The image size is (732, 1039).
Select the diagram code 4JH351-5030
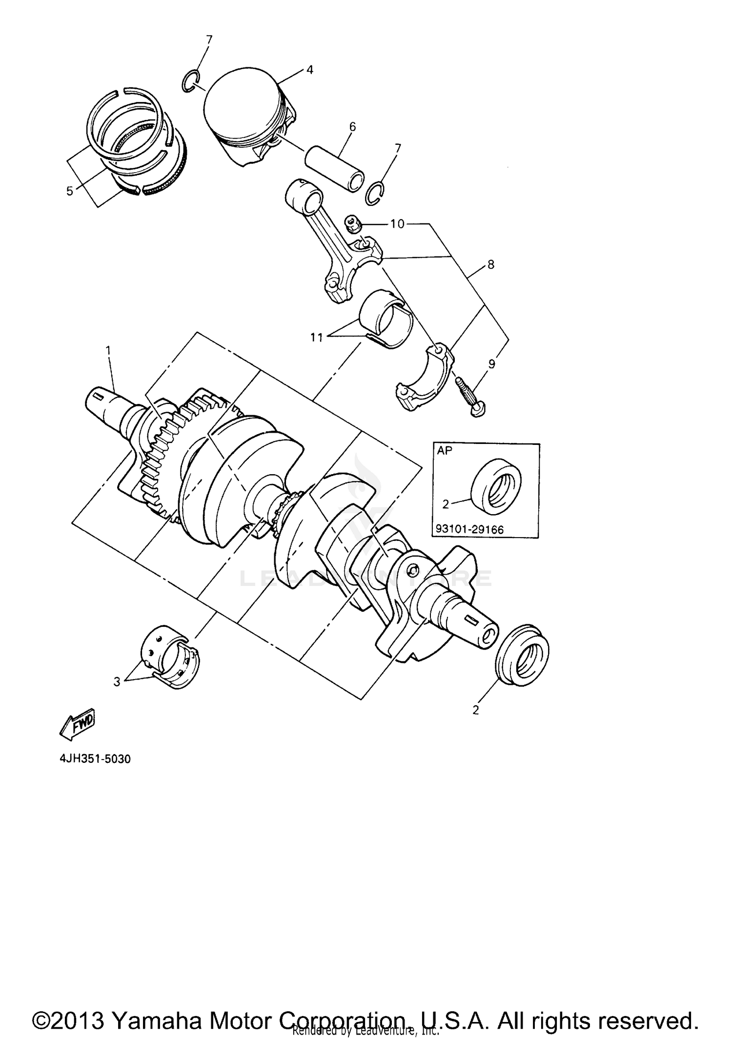pyautogui.click(x=95, y=759)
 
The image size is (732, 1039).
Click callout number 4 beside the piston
pyautogui.click(x=309, y=70)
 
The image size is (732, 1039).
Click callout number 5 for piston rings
pyautogui.click(x=70, y=191)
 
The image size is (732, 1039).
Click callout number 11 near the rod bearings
pyautogui.click(x=317, y=337)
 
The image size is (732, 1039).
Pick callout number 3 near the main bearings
pyautogui.click(x=117, y=681)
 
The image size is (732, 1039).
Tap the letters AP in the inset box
pyautogui.click(x=444, y=451)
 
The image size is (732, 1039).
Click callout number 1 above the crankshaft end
pyautogui.click(x=108, y=350)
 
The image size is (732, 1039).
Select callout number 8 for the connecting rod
pyautogui.click(x=490, y=264)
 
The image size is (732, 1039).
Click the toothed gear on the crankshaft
pyautogui.click(x=161, y=468)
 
